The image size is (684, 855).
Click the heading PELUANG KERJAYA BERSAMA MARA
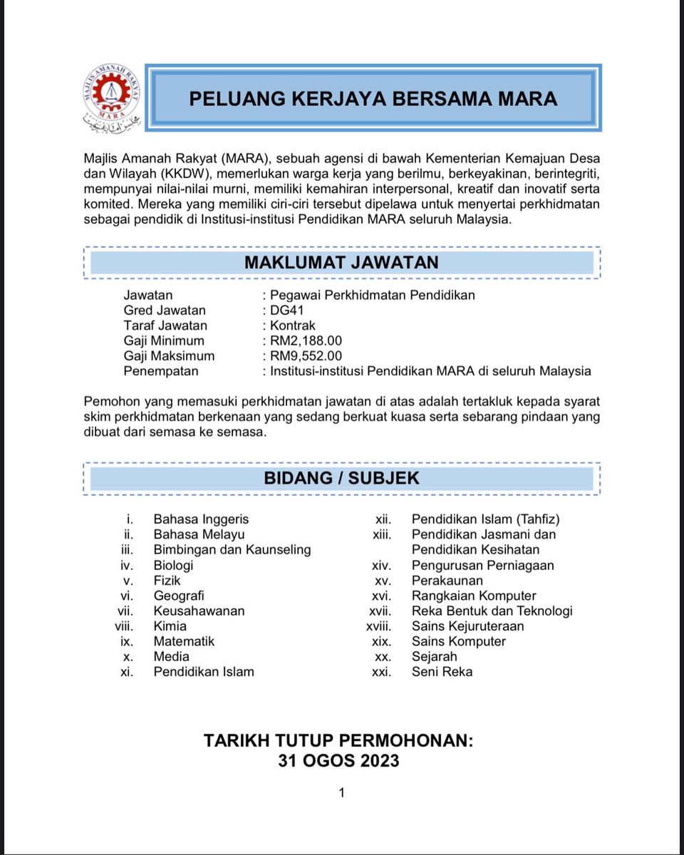point(373,98)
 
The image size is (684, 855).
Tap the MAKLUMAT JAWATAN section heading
point(341,262)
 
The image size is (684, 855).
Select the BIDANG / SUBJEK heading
point(342,478)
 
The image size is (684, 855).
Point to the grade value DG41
point(287,310)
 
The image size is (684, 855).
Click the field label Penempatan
point(161,371)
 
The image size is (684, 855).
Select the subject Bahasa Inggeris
point(201,519)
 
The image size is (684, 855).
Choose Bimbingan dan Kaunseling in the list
point(232,549)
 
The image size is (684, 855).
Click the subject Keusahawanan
point(199,611)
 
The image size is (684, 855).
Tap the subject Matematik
point(184,641)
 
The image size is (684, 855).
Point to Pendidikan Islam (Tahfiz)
point(486,519)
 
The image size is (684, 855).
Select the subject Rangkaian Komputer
point(474,596)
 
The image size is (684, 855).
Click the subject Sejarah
point(434,656)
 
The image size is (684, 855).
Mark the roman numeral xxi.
point(382,672)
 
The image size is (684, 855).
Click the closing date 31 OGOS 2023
point(338,760)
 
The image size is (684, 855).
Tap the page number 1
point(342,792)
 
